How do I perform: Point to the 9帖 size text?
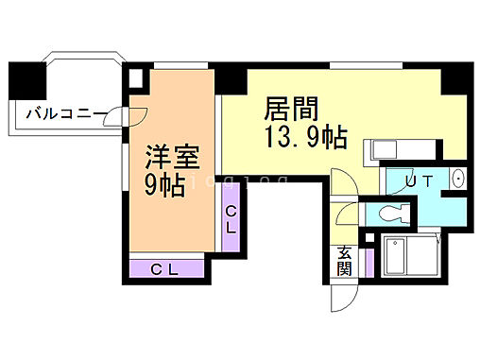coord(163,185)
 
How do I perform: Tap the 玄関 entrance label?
coord(345,259)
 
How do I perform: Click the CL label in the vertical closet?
coord(231,219)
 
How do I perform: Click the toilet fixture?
coord(391,214)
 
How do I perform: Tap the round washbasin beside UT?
coord(458,180)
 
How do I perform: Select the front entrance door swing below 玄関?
coord(342,298)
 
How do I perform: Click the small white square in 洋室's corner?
coord(136,79)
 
